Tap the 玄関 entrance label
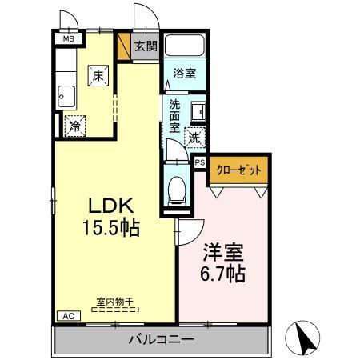point(145,46)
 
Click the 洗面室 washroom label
point(174,115)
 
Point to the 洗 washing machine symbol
point(194,138)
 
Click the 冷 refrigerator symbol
point(75,125)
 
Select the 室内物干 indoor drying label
point(114,302)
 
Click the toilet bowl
point(177,190)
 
